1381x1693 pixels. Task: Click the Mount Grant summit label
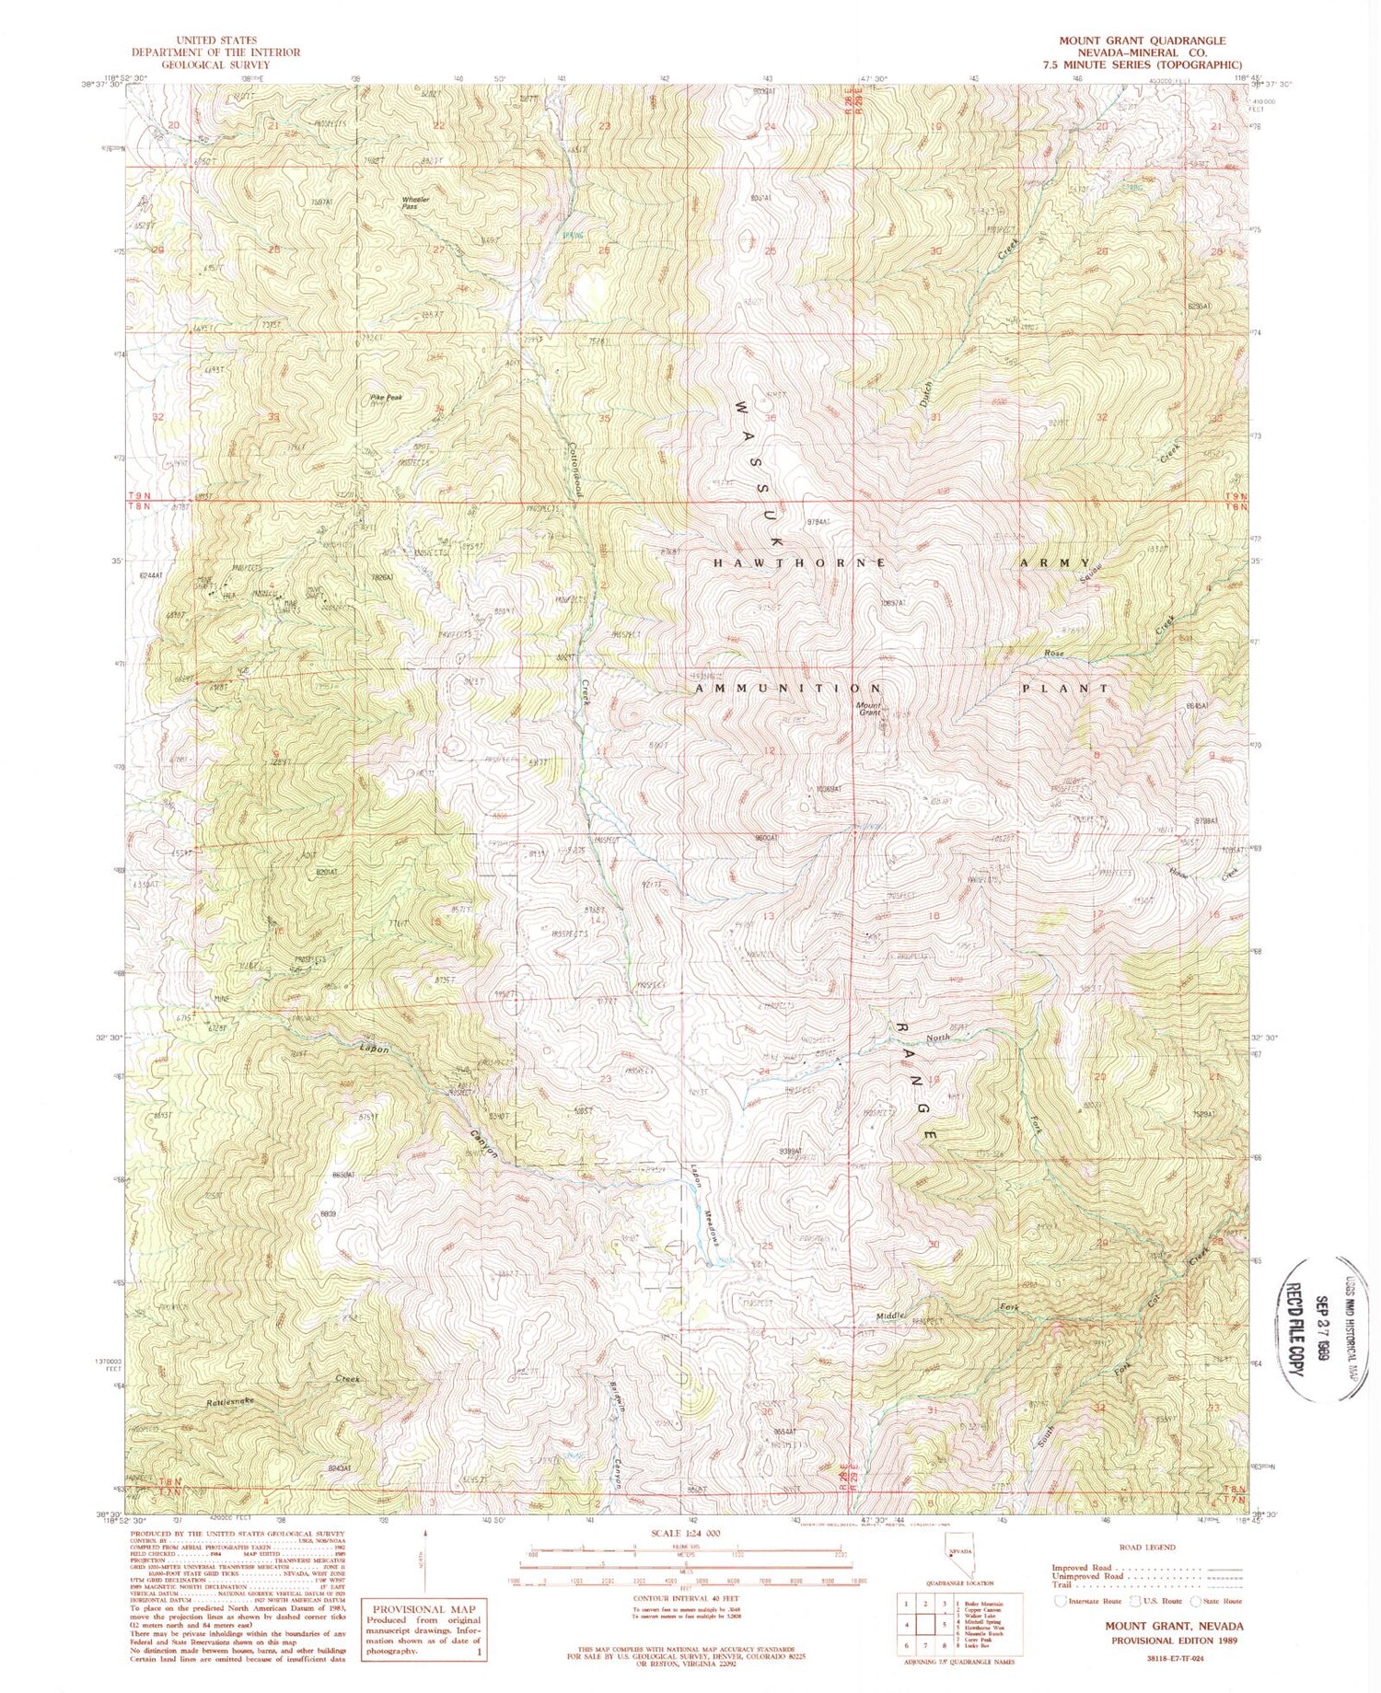pyautogui.click(x=870, y=709)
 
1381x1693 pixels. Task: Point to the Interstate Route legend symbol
pyautogui.click(x=1062, y=1601)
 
